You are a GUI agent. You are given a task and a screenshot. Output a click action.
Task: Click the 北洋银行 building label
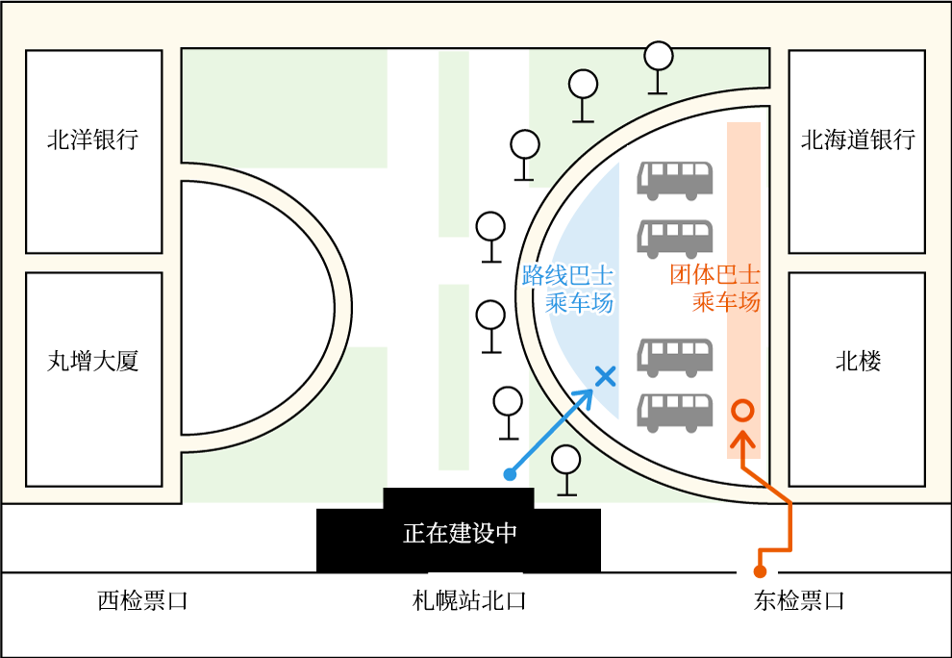[x=92, y=139]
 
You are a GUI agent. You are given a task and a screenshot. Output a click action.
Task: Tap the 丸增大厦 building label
[x=92, y=362]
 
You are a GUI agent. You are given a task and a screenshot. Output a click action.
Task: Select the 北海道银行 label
[x=858, y=140]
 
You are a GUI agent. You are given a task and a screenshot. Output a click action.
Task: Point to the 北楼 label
[x=858, y=362]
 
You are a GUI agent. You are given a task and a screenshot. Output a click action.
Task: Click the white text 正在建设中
[x=460, y=533]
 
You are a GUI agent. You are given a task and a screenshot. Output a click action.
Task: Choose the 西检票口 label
[x=142, y=601]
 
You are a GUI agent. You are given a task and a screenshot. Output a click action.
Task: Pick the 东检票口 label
[x=798, y=601]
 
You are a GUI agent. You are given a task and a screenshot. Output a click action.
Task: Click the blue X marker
[x=605, y=376]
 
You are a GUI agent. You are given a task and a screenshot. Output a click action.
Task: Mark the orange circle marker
[x=741, y=410]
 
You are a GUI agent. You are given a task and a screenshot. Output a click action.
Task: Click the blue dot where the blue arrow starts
[x=510, y=473]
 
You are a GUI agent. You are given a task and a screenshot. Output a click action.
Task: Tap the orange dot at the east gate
[x=760, y=571]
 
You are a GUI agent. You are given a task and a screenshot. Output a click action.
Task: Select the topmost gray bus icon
[x=675, y=179]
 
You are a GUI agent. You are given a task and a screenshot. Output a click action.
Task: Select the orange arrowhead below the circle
[x=741, y=441]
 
